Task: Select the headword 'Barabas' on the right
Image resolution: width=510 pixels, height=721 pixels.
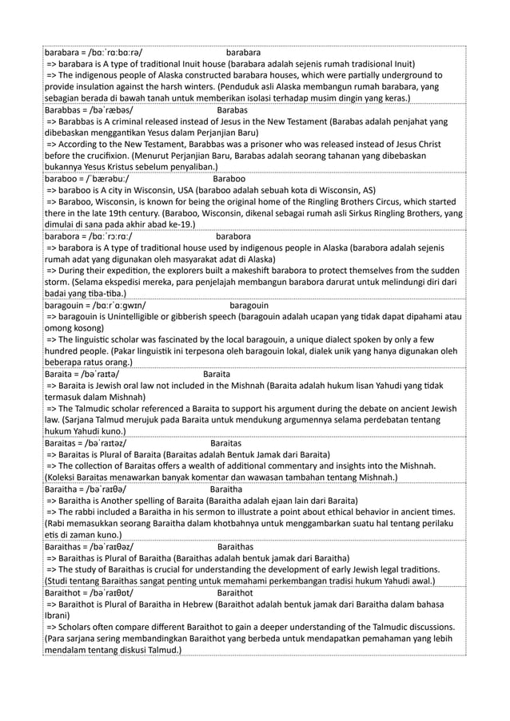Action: [232, 109]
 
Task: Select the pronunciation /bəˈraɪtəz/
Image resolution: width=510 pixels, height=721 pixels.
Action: [103, 442]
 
